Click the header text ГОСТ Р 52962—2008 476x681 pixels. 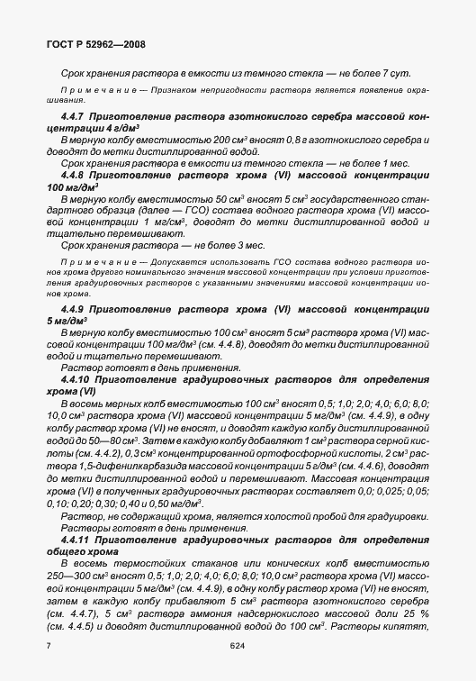pos(94,43)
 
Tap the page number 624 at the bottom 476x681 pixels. pos(238,645)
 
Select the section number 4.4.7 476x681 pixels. pos(74,118)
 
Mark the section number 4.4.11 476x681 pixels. pos(76,538)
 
